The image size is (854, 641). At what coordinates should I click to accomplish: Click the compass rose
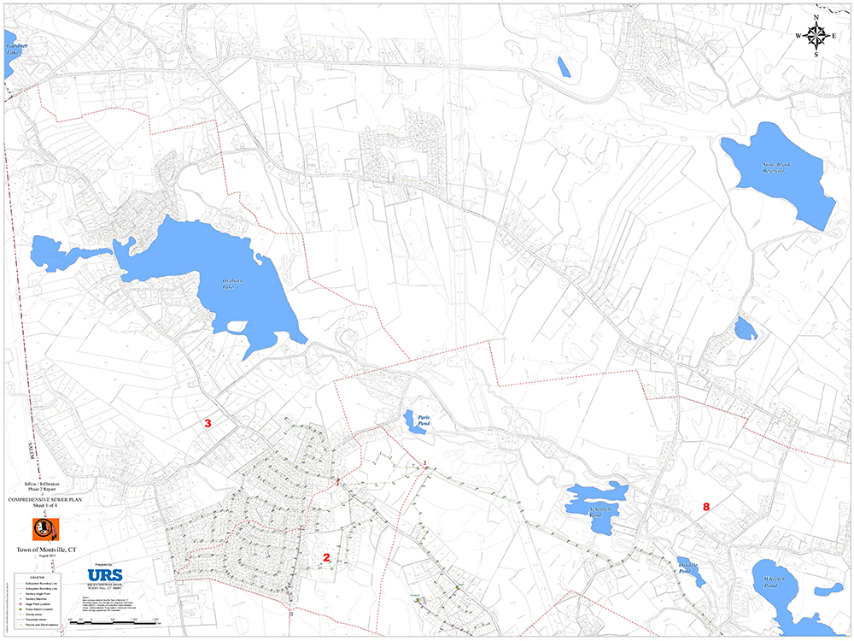point(816,35)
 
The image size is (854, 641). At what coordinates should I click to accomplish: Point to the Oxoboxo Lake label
point(228,285)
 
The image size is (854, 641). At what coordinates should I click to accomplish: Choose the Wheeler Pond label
point(775,585)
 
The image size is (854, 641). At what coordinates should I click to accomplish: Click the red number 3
point(207,423)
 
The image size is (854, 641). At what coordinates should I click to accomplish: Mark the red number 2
point(325,557)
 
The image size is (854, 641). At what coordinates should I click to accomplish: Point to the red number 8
point(705,507)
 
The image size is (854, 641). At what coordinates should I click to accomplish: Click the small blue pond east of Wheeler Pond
point(827,590)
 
